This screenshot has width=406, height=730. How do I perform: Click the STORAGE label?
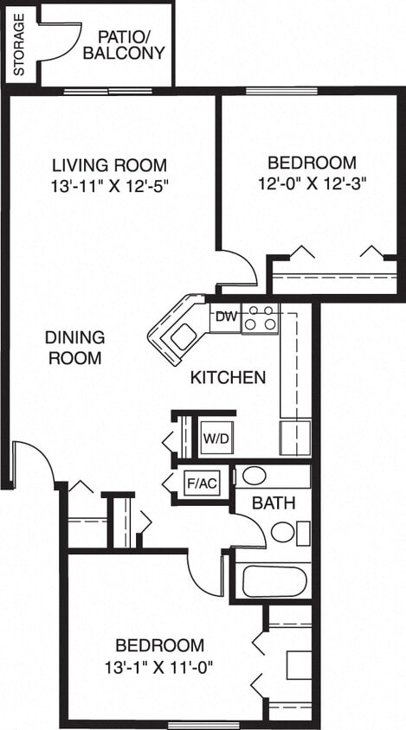[x=19, y=43]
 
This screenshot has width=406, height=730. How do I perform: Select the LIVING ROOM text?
[x=109, y=165]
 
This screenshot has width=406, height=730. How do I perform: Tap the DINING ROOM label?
[x=74, y=347]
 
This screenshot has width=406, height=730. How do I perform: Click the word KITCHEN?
[x=228, y=377]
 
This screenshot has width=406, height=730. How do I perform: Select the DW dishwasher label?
[x=225, y=316]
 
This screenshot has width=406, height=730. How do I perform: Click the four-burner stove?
[x=260, y=319]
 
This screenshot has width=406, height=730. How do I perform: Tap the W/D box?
[x=216, y=438]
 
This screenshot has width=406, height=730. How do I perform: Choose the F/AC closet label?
[x=201, y=483]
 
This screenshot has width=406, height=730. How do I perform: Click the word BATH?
[x=274, y=503]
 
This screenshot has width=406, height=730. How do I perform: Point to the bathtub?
[x=274, y=580]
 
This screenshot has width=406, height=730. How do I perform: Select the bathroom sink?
[x=255, y=475]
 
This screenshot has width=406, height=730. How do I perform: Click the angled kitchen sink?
[x=178, y=334]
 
